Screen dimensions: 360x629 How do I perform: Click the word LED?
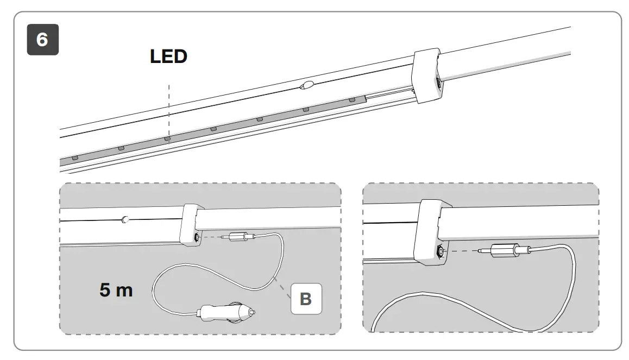tap(168, 56)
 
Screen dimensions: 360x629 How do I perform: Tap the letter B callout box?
tap(306, 298)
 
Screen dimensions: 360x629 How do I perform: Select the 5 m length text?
tap(116, 290)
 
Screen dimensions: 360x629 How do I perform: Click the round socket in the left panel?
tap(196, 237)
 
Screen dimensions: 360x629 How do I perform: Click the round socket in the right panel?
tap(439, 251)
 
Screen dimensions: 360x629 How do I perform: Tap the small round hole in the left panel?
tap(125, 220)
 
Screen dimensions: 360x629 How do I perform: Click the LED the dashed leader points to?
tap(167, 138)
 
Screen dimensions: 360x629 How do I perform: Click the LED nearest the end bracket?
tap(352, 100)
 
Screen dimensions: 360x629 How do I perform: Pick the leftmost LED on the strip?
tap(75, 157)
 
